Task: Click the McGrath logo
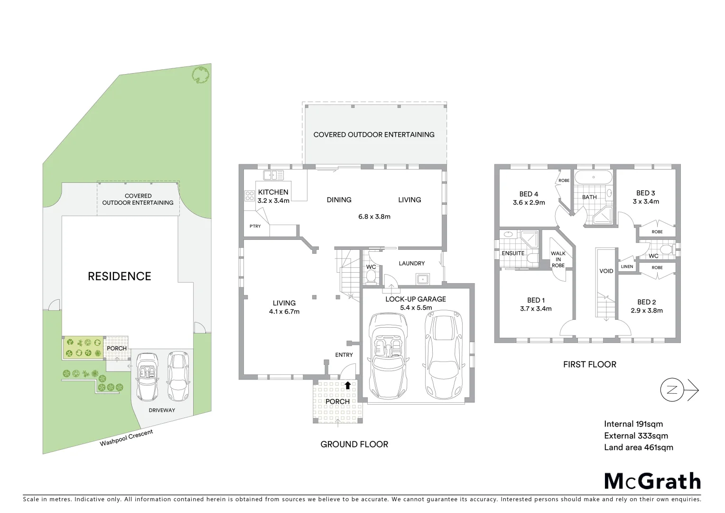click(652, 481)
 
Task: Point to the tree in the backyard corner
click(201, 75)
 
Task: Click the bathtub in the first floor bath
click(593, 178)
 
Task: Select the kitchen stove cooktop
click(249, 195)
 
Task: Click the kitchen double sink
click(273, 175)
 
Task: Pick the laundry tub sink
click(421, 279)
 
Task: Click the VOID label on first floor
click(606, 271)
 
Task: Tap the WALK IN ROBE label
click(558, 259)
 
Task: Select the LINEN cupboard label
click(627, 266)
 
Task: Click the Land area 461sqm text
click(638, 447)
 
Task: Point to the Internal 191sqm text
click(633, 424)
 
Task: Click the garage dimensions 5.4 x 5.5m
click(415, 307)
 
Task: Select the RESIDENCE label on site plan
click(120, 276)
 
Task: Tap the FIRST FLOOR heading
click(589, 364)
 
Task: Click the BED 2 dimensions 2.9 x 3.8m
click(646, 311)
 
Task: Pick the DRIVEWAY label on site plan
click(162, 410)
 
